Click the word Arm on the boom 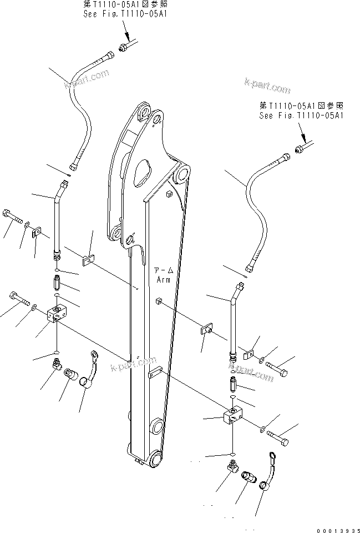tap(164, 280)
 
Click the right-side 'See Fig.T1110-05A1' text tap(302, 116)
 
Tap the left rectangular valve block tap(57, 314)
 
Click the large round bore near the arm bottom tap(157, 428)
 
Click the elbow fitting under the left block tap(55, 365)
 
